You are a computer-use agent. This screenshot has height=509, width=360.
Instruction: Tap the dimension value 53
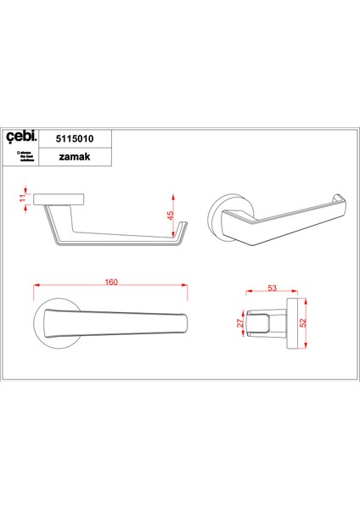pos(272,288)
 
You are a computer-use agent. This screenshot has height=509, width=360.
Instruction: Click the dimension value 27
pos(240,323)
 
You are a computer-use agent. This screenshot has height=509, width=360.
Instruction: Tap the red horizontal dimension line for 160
pos(111,289)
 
